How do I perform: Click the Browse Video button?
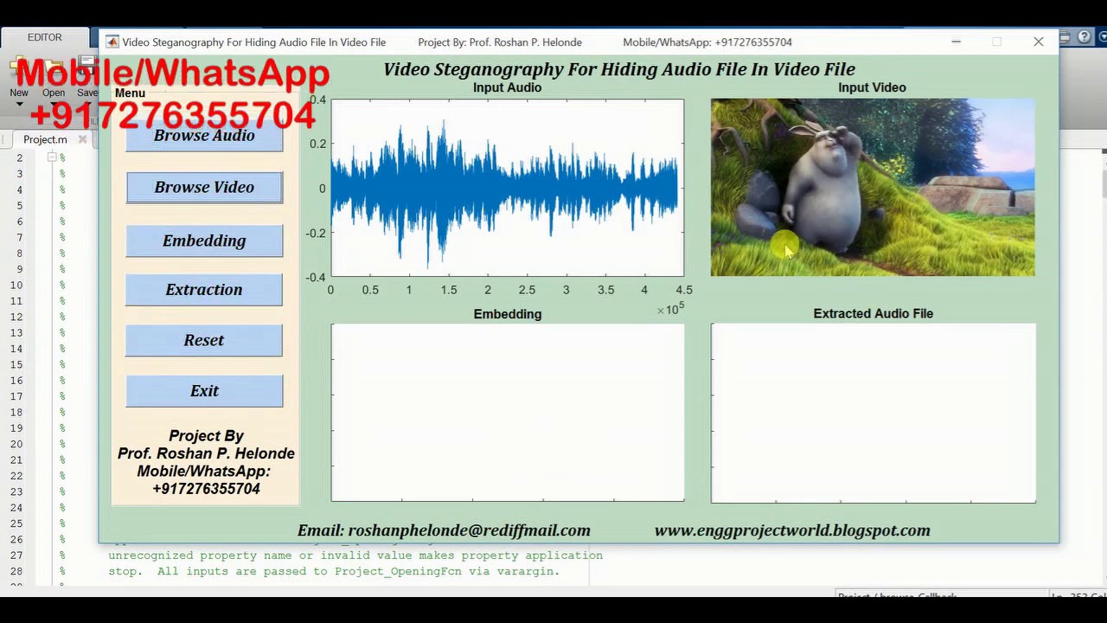204,188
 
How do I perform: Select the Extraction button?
204,290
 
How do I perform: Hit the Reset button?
204,340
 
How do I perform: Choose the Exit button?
204,391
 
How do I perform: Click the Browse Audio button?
204,137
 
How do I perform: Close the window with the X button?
1039,42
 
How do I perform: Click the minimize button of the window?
956,42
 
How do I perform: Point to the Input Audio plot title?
507,87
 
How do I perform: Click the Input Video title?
872,87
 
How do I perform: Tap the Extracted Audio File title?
873,313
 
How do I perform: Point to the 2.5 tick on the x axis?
527,291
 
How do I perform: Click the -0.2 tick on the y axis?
316,233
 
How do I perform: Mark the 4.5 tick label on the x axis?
683,291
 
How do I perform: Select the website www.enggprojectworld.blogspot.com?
792,530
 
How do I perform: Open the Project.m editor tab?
45,139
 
